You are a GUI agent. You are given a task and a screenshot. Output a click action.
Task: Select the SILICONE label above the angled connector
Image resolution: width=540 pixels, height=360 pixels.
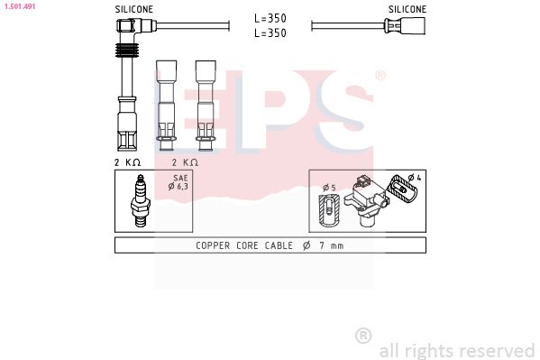tap(133, 9)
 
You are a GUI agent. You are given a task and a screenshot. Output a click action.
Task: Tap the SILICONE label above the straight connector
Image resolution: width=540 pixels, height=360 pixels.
tap(407, 9)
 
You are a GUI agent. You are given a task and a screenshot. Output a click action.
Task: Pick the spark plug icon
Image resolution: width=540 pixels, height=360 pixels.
tap(140, 200)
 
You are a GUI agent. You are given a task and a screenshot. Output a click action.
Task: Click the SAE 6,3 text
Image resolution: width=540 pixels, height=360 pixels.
tap(178, 183)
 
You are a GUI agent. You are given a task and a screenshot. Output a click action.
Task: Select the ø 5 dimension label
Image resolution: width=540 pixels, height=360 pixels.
tap(329, 187)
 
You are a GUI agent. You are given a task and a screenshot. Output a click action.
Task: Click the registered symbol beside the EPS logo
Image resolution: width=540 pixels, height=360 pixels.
tap(380, 76)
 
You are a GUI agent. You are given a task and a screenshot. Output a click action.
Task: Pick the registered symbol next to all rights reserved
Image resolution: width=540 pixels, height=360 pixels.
tap(363, 336)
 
